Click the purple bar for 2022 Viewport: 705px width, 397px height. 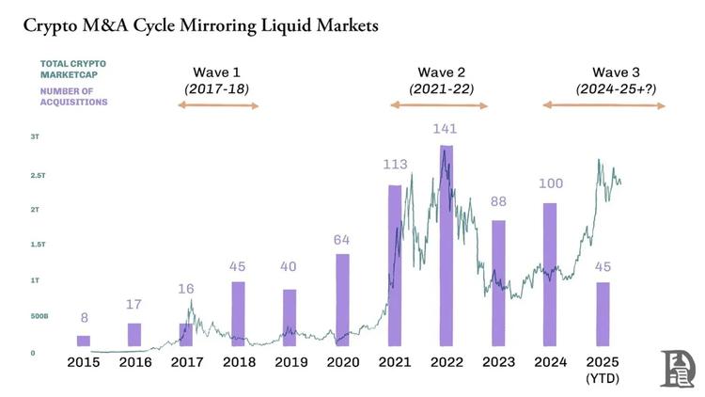[446, 249]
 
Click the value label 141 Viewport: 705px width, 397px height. [445, 129]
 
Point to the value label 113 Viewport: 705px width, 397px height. [395, 165]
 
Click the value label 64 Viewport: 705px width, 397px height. [342, 240]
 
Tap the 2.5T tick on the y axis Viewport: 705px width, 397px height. [35, 176]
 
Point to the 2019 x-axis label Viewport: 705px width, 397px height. [290, 362]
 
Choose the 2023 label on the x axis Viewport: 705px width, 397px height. [498, 362]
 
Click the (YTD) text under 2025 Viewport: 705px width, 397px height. [603, 378]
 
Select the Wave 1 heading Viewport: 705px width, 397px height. [217, 72]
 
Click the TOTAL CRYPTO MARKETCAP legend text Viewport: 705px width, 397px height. [72, 69]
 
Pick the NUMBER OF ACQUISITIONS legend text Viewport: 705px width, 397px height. [73, 97]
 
